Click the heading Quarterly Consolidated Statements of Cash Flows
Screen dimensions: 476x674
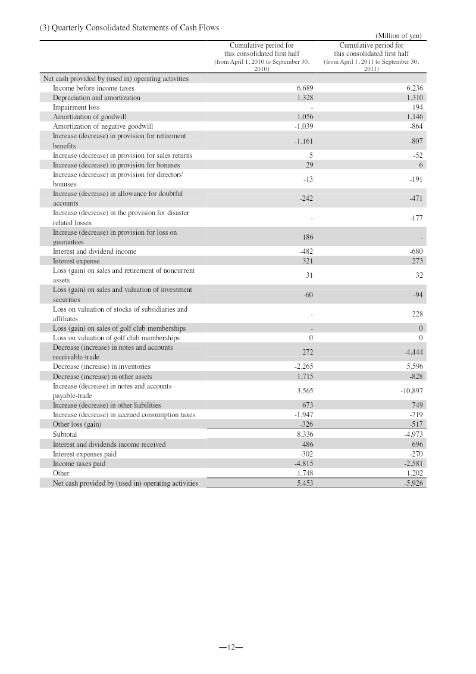(129, 28)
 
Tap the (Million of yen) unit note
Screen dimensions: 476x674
(399, 36)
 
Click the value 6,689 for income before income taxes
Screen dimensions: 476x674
(305, 88)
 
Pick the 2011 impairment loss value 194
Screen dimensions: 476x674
(416, 107)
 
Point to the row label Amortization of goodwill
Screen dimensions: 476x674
(89, 117)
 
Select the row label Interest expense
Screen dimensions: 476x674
(76, 261)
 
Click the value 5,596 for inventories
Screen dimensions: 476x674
(413, 366)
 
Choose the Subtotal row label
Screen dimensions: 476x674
(65, 434)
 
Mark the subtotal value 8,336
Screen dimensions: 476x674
(305, 434)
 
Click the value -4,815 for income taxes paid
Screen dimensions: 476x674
(302, 464)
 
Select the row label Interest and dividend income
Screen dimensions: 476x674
(95, 251)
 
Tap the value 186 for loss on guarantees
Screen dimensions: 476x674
(308, 237)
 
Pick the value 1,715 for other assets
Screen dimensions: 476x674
(305, 377)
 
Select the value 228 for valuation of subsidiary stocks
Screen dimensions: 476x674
(416, 314)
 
